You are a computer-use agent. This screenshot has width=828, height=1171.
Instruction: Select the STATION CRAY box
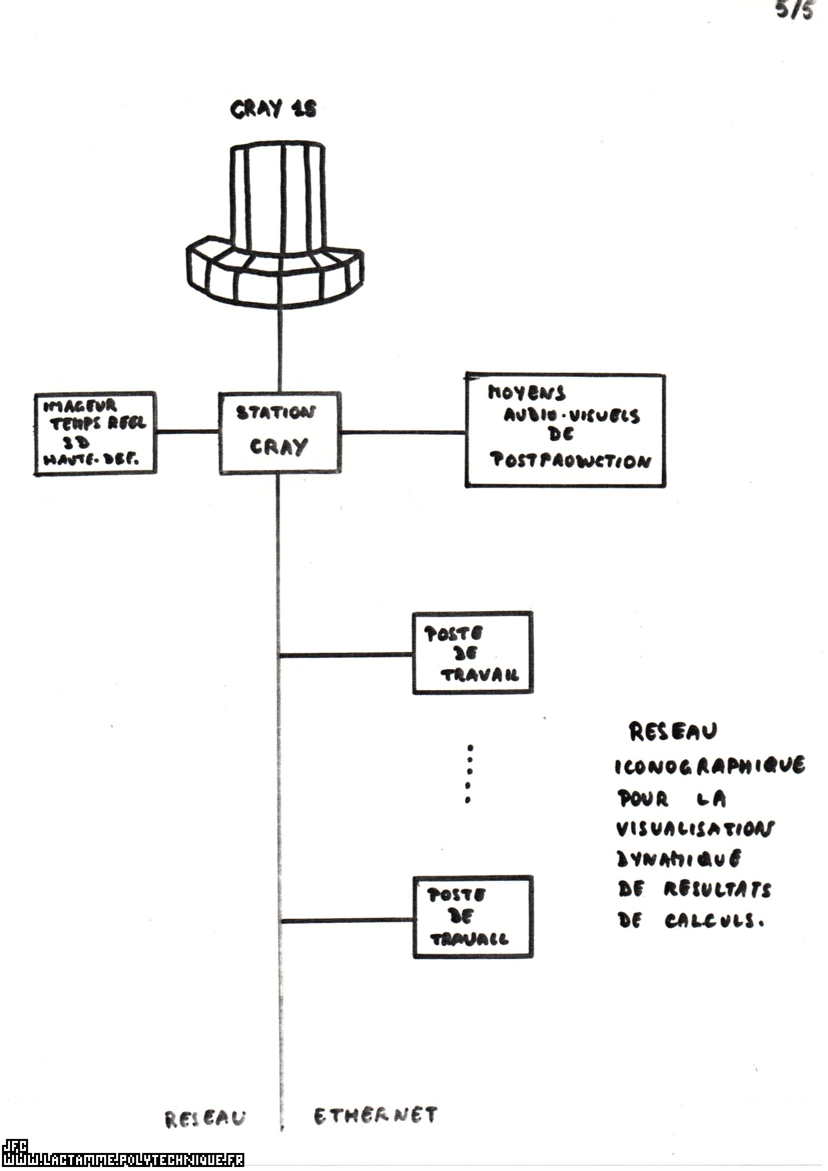click(x=279, y=433)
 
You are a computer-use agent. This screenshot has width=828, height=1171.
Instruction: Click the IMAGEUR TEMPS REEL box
click(x=94, y=434)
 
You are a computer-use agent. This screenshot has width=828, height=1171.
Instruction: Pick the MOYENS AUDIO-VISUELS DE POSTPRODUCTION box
click(x=565, y=431)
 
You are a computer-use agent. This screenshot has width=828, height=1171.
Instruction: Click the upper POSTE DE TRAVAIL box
click(x=473, y=653)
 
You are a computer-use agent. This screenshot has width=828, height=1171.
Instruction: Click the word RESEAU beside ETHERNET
click(x=205, y=1118)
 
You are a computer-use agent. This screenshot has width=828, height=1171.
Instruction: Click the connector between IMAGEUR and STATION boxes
click(x=187, y=432)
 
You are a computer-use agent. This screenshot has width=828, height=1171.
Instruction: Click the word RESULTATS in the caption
click(x=717, y=891)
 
